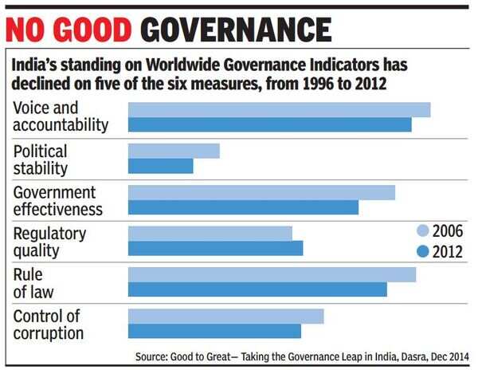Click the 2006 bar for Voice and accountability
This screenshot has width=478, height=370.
pyautogui.click(x=279, y=109)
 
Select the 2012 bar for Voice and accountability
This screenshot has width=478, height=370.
pyautogui.click(x=269, y=124)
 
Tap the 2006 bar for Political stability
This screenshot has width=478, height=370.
pyautogui.click(x=174, y=151)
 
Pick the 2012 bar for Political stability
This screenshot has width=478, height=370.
pyautogui.click(x=160, y=166)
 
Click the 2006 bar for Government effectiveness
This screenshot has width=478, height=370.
pyautogui.click(x=261, y=192)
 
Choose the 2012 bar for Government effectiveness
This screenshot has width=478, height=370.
pyautogui.click(x=243, y=207)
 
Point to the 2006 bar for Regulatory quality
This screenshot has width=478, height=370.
pyautogui.click(x=210, y=233)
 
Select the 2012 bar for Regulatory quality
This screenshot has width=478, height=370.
pyautogui.click(x=215, y=248)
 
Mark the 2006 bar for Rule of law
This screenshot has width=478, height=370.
pyautogui.click(x=272, y=274)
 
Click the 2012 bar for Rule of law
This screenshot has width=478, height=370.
pyautogui.click(x=257, y=289)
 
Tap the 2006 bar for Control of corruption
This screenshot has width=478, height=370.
pyautogui.click(x=225, y=316)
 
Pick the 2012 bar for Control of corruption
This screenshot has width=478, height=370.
pyautogui.click(x=214, y=331)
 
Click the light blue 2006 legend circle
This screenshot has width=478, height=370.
pyautogui.click(x=423, y=231)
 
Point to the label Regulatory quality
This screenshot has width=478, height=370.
pyautogui.click(x=49, y=242)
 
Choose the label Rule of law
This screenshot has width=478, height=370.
pyautogui.click(x=33, y=283)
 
